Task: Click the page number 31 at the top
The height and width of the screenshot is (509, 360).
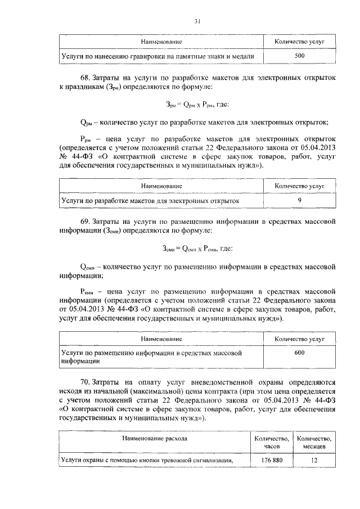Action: pyautogui.click(x=197, y=21)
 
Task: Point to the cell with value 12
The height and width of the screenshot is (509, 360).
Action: pyautogui.click(x=314, y=461)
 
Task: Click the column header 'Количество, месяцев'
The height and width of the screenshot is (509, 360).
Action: pyautogui.click(x=314, y=442)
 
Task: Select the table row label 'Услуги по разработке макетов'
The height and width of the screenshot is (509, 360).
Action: pyautogui.click(x=150, y=200)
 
